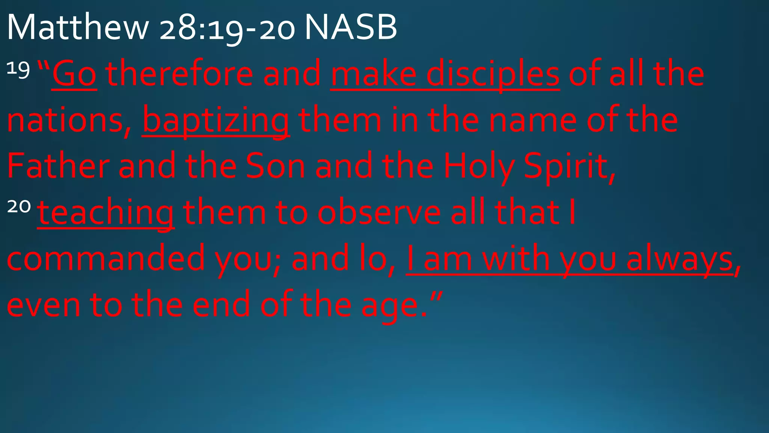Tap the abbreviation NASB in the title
pos(350,27)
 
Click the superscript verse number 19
pos(18,70)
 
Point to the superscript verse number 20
pos(19,206)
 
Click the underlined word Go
pos(74,74)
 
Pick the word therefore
pos(179,74)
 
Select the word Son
pos(275,166)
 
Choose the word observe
pos(379,213)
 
